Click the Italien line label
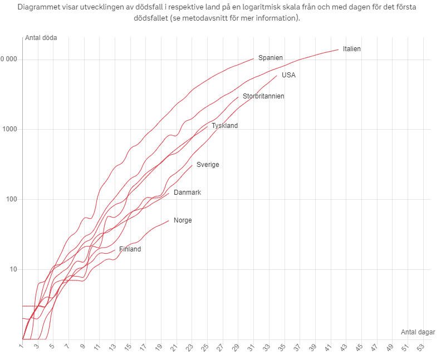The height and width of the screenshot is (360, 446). tap(352, 49)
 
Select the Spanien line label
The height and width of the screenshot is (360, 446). tap(271, 58)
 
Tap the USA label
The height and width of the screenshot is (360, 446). tap(288, 75)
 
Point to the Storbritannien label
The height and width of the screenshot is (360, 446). tap(263, 96)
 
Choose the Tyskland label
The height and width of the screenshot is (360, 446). tap(225, 126)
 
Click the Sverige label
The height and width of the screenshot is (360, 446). tap(208, 165)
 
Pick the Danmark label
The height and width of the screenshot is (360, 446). tap(187, 193)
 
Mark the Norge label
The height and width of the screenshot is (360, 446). tap(183, 220)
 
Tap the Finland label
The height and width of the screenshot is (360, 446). tap(130, 249)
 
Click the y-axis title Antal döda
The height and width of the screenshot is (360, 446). tap(41, 38)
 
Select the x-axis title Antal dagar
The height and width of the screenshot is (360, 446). tap(418, 332)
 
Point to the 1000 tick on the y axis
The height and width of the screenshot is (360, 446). tap(10, 130)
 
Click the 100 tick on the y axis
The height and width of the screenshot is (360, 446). tap(12, 200)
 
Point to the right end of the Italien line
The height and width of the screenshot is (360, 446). tap(339, 50)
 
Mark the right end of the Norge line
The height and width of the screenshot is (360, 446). tap(169, 220)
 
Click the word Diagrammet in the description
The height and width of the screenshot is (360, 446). tap(40, 7)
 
